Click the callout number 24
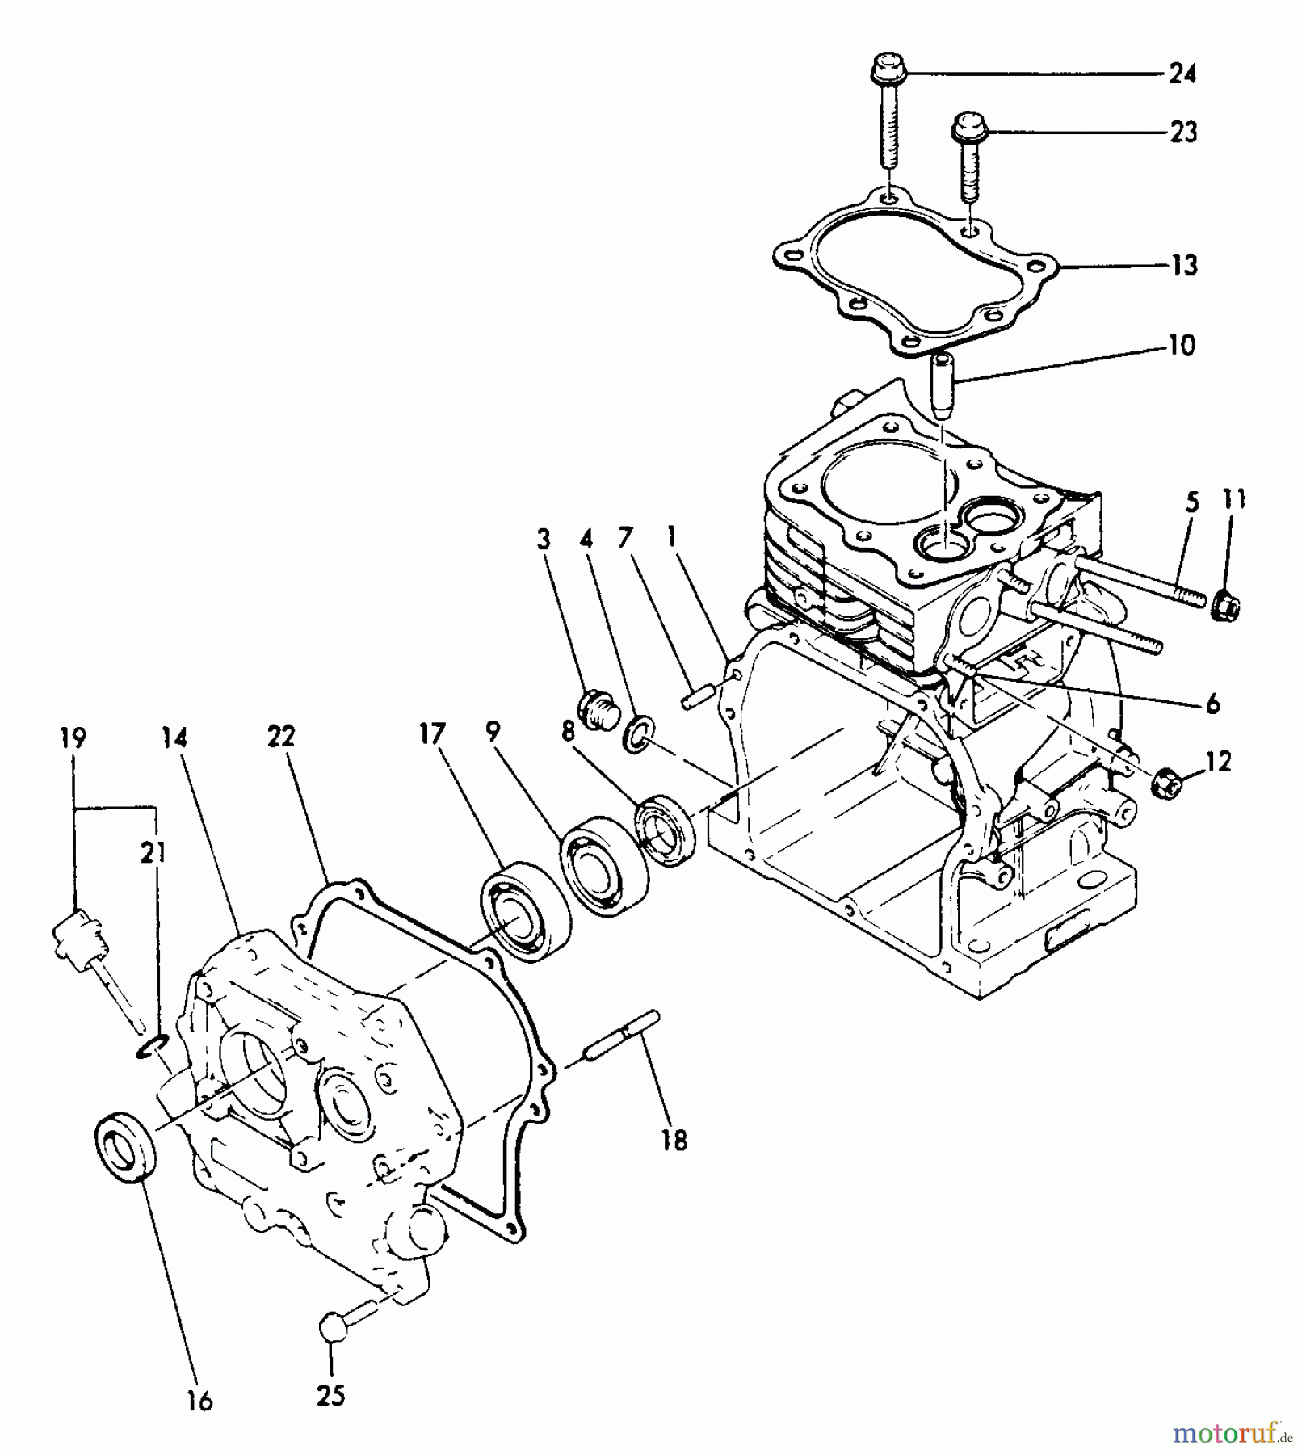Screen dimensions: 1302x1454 tap(1182, 74)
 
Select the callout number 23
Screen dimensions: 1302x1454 tap(1183, 132)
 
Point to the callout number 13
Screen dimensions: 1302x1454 tap(1184, 265)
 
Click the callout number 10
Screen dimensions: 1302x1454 tap(1181, 346)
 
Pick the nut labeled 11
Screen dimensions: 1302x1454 tap(1226, 605)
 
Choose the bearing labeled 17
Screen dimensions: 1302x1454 tap(526, 913)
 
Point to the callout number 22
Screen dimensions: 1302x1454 tap(281, 737)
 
